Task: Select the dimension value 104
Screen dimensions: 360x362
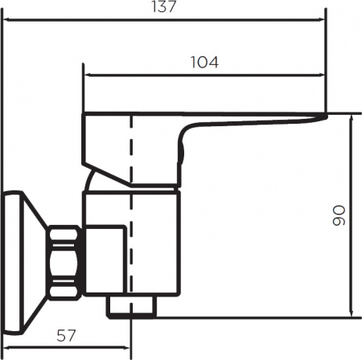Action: point(205,62)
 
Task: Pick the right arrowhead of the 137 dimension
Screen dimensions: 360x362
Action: point(324,22)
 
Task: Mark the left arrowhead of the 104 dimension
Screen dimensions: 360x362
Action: point(88,77)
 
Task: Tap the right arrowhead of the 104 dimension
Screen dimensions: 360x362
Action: point(324,77)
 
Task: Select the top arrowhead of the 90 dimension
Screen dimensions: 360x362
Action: point(351,117)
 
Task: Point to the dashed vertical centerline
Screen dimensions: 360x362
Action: point(129,161)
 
